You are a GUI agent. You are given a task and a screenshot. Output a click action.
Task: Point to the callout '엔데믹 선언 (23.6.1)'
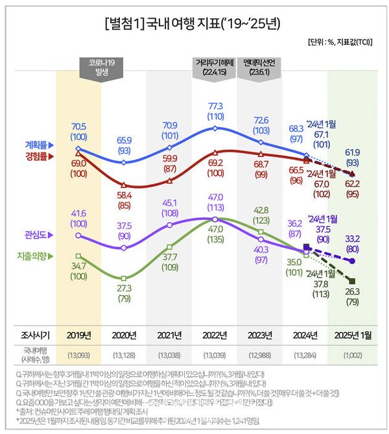tap(259, 67)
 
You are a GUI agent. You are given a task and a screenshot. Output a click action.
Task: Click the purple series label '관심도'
tap(40, 234)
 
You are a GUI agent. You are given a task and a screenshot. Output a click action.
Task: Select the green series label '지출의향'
tap(34, 256)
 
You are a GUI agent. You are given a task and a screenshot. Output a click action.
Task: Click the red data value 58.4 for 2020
tap(123, 194)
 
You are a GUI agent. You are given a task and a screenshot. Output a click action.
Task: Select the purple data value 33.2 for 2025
tap(353, 239)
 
